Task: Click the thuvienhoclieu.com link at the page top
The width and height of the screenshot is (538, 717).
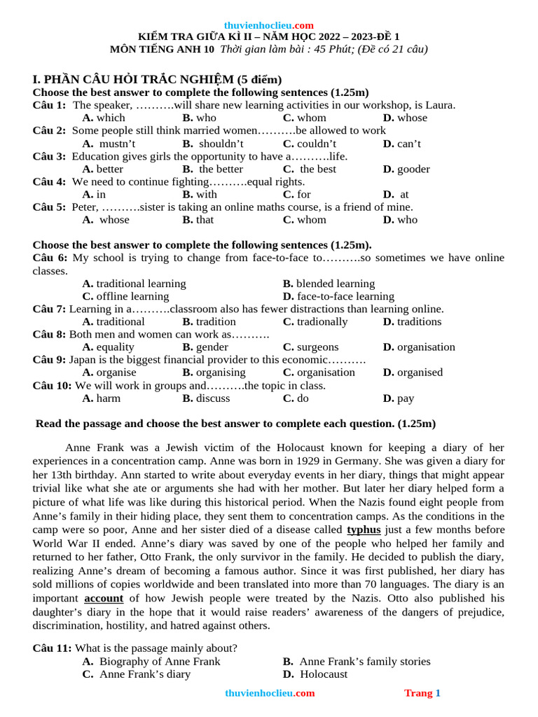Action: coord(269,25)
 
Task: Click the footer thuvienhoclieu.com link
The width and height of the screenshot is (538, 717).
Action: coord(270,693)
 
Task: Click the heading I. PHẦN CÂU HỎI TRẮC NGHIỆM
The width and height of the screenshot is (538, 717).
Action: coord(157,79)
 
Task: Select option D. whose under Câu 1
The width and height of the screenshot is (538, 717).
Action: coord(405,118)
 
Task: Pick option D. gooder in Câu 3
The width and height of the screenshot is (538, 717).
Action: coord(406,169)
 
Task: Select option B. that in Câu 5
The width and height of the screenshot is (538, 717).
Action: coord(198,219)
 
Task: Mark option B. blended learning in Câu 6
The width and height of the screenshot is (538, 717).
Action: coord(329,284)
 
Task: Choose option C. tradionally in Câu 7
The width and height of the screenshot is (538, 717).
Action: coord(315,321)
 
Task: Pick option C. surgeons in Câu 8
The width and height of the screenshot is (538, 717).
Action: coord(310,347)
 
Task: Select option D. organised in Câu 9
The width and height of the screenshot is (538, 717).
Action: coord(413,372)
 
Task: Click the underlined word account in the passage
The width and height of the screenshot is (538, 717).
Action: coord(104,598)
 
